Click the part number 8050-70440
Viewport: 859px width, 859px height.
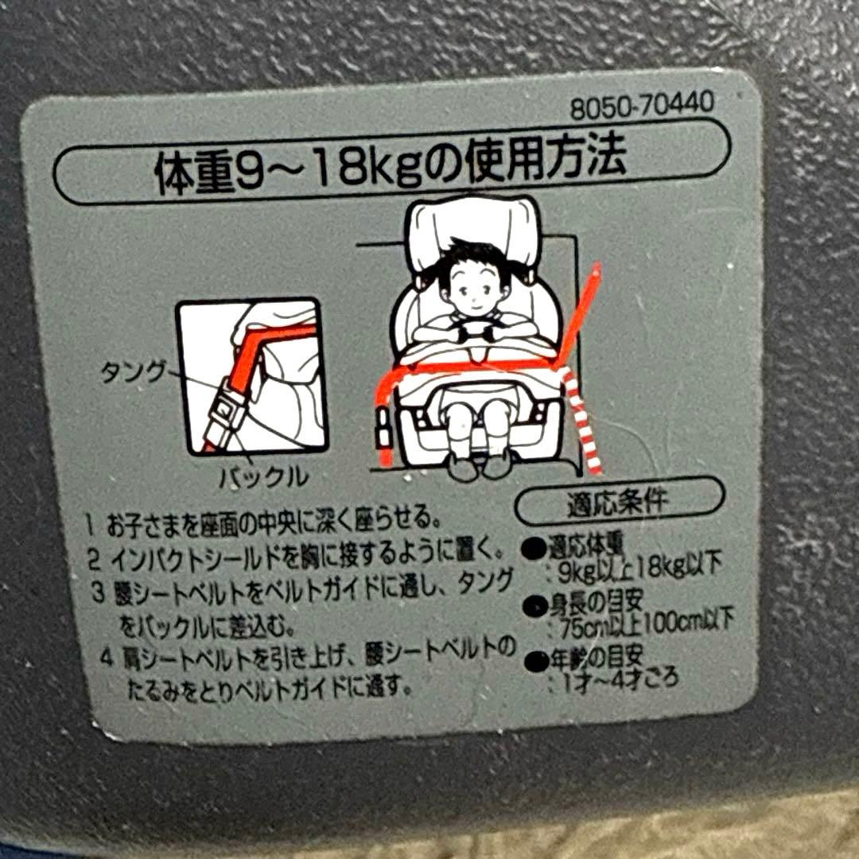coord(641,106)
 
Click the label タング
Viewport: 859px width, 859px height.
coord(133,371)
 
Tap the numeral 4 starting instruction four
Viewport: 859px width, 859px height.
coord(105,659)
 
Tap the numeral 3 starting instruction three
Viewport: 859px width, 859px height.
coord(99,592)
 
